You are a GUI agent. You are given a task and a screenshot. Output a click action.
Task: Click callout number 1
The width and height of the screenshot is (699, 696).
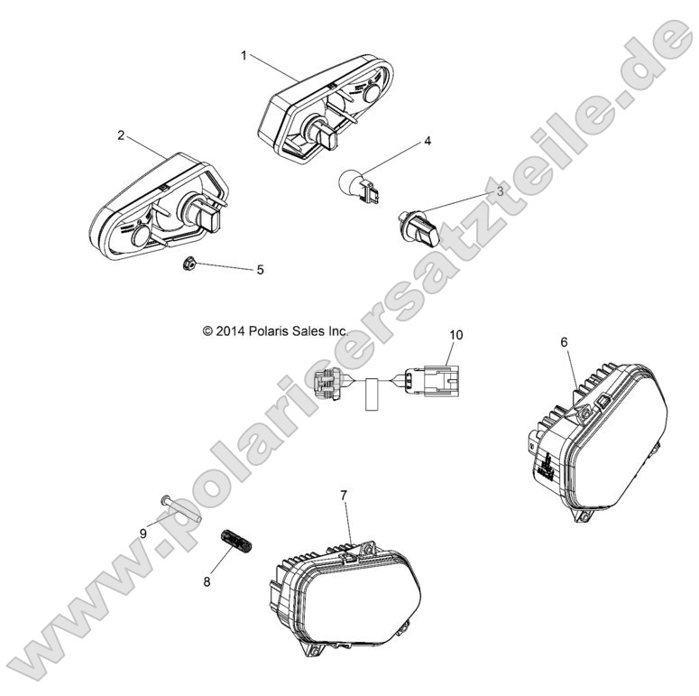244,55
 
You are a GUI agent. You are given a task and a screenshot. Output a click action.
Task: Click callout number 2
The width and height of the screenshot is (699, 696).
121,136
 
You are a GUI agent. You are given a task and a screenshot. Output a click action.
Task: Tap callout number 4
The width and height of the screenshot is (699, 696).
428,142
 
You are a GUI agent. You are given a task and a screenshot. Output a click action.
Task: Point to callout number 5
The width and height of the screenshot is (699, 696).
260,269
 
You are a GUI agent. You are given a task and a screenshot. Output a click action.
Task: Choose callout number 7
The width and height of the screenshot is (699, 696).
344,495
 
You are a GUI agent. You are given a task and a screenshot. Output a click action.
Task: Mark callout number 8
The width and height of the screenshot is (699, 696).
207,582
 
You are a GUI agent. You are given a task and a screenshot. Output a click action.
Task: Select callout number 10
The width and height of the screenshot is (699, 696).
456,334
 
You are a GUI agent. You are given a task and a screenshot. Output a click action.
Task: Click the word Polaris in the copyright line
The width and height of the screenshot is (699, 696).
278,331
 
